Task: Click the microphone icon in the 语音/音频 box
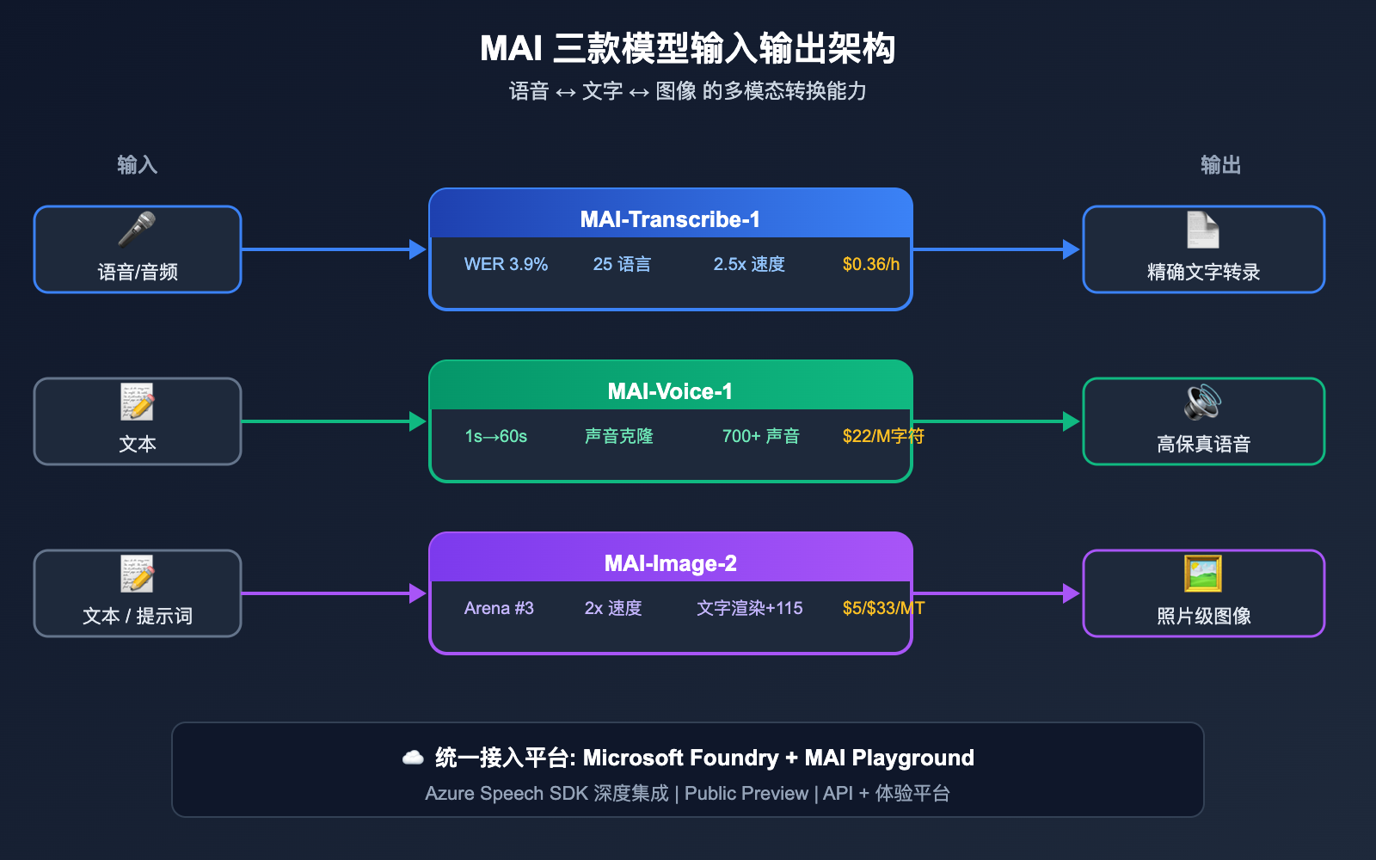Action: [137, 230]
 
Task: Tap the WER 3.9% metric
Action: [506, 264]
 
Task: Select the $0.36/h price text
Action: [870, 264]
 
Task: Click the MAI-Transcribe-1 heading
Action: [670, 219]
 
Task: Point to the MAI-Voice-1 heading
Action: [670, 391]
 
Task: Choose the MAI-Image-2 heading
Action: [670, 563]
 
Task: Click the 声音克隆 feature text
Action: [618, 436]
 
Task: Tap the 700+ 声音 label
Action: [760, 436]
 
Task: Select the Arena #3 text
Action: [499, 608]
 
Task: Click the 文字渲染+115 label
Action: [749, 608]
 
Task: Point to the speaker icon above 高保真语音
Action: [1203, 402]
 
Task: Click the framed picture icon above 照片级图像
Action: [1203, 574]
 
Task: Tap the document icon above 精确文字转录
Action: [1203, 230]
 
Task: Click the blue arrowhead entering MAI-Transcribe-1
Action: [418, 249]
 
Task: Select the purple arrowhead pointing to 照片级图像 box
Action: [1071, 593]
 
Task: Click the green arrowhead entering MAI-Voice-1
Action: [418, 421]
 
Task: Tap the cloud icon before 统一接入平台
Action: [413, 758]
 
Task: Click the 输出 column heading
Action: [1220, 164]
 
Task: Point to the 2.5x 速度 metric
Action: [748, 264]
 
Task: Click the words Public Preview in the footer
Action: [746, 793]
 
